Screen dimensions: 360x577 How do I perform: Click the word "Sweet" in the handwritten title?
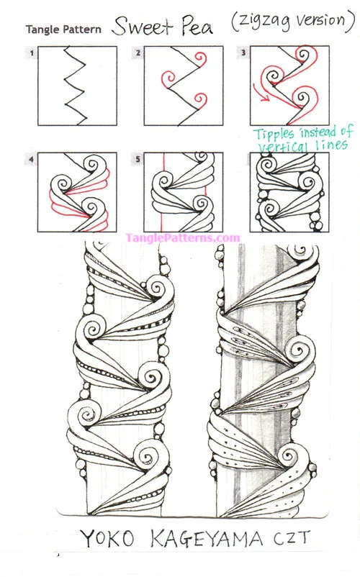[143, 27]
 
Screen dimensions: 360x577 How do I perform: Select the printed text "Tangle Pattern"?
[63, 29]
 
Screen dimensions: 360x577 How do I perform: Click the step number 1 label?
[32, 53]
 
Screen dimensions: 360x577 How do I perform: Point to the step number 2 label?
[138, 53]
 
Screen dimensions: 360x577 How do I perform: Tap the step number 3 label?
[243, 53]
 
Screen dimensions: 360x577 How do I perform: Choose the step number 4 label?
[32, 159]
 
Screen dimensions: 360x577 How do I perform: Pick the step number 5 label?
[138, 159]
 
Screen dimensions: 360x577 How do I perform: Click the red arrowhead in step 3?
[264, 98]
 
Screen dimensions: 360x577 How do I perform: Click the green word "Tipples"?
[274, 134]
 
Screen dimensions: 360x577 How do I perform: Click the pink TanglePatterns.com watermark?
[183, 237]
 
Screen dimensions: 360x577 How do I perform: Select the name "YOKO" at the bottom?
[107, 540]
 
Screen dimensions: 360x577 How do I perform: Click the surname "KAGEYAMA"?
[207, 540]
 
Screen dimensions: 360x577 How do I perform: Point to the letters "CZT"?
[292, 538]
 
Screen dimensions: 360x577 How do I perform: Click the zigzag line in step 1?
[76, 86]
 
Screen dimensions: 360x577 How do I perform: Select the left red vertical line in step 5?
[161, 192]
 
